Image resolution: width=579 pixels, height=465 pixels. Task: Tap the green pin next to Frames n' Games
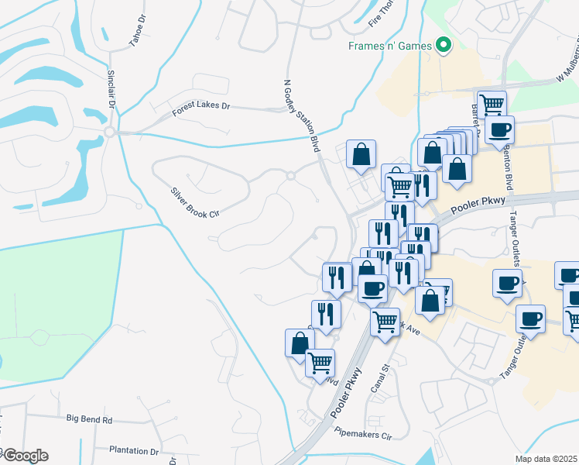tap(444, 46)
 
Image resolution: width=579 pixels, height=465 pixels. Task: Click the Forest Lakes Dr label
tap(201, 109)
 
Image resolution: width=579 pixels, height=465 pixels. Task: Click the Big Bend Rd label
tap(89, 419)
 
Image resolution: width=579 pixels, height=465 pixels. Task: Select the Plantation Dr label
tap(133, 450)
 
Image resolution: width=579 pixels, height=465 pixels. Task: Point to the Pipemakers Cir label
tap(364, 436)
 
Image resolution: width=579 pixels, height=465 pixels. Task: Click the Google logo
tap(26, 456)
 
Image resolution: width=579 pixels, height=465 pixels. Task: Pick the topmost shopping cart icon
tap(492, 103)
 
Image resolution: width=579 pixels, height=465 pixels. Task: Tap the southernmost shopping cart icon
tap(320, 361)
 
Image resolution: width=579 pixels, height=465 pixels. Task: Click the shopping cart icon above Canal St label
tap(385, 319)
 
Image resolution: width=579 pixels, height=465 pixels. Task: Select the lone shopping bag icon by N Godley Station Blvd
tap(361, 153)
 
